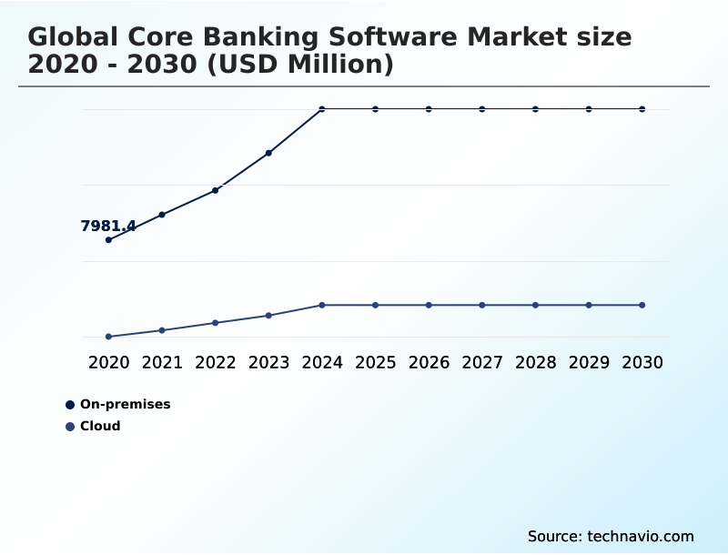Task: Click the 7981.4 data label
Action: (108, 227)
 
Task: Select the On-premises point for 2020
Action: (109, 240)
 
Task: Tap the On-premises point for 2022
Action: (216, 190)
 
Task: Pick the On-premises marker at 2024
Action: (322, 109)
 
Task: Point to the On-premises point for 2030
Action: (642, 109)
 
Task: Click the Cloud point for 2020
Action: (109, 337)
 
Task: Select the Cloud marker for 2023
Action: (269, 316)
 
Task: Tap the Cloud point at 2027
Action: (482, 305)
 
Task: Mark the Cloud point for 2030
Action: (642, 305)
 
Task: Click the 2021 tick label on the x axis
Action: (162, 363)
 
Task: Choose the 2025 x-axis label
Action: (376, 363)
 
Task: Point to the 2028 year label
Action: (536, 363)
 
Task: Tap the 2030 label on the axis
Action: (642, 363)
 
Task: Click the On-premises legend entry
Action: (125, 405)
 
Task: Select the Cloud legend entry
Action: (100, 427)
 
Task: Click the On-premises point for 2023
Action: (269, 153)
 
